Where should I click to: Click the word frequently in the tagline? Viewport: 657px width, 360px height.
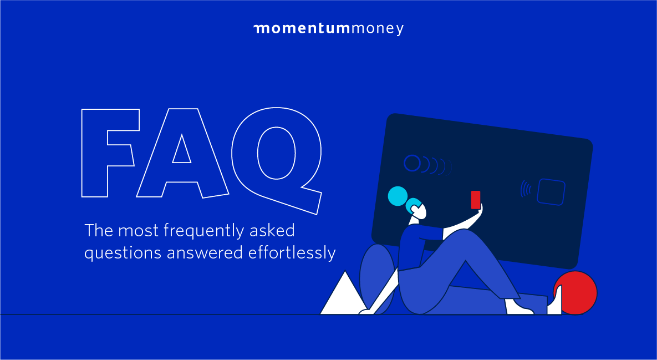203,232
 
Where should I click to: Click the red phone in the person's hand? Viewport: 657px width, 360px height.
476,200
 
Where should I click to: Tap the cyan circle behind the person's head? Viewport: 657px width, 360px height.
398,196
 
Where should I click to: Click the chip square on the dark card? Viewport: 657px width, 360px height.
552,192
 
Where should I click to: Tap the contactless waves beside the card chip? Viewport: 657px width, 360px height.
526,189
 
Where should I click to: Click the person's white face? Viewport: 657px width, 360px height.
419,211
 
